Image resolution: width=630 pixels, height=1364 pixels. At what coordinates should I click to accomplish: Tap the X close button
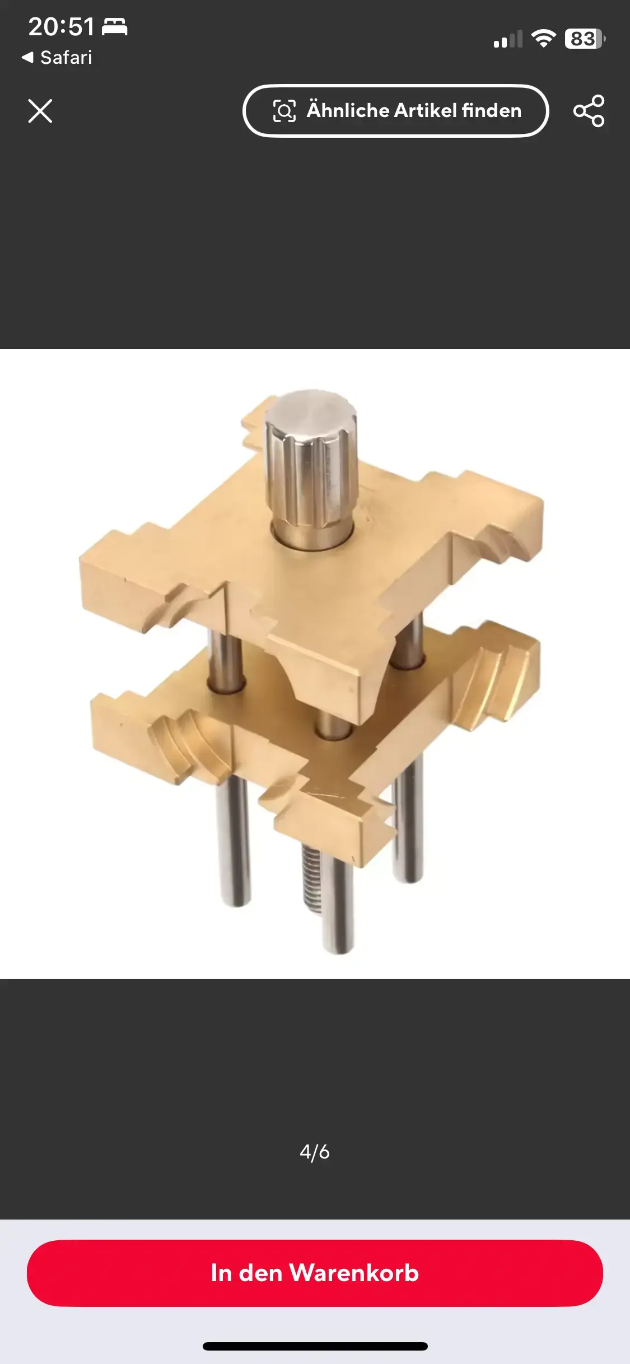(x=40, y=111)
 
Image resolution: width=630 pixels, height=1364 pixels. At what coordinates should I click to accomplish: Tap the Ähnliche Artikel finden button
(x=395, y=111)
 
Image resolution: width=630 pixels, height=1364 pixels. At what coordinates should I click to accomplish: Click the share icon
(x=589, y=111)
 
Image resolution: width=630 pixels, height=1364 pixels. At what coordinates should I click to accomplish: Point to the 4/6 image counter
(x=315, y=1151)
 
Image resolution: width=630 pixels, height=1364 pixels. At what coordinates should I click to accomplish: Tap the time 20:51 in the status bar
(x=62, y=27)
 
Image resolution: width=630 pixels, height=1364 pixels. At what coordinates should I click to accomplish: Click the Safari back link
(x=57, y=57)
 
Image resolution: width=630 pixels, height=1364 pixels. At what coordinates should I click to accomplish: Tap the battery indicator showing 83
(x=585, y=39)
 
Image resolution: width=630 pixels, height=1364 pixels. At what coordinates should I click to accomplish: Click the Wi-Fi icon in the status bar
(x=543, y=38)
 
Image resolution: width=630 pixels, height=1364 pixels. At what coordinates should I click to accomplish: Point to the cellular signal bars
(x=508, y=39)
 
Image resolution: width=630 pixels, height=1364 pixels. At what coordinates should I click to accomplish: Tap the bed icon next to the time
(x=115, y=26)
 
